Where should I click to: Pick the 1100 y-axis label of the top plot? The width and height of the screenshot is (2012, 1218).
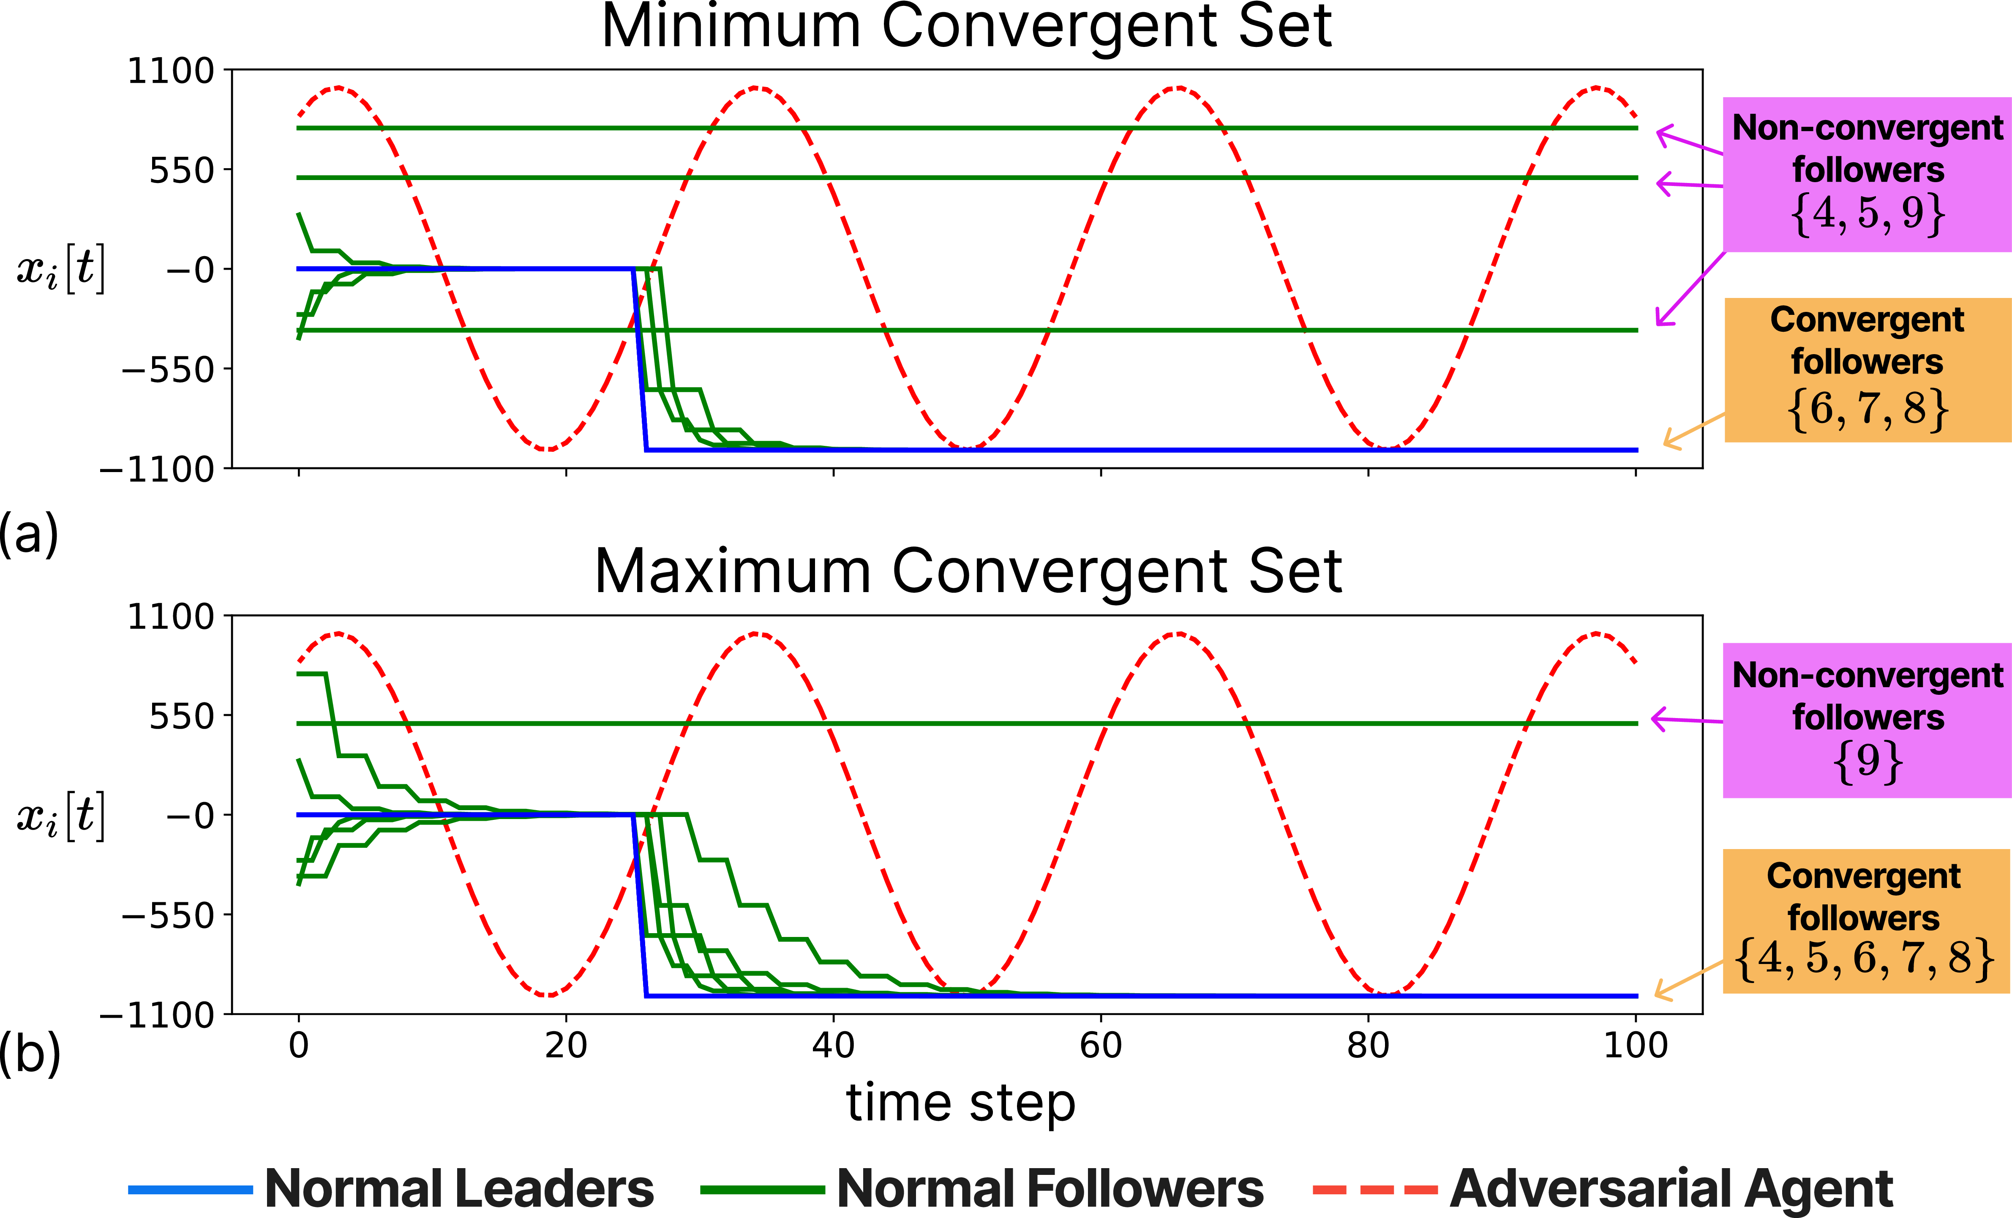(171, 72)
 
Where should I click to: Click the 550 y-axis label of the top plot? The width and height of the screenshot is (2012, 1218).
(181, 172)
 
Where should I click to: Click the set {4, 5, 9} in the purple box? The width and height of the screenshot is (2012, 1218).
(1868, 214)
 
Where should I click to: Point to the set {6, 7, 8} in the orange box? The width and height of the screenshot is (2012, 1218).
(1868, 408)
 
